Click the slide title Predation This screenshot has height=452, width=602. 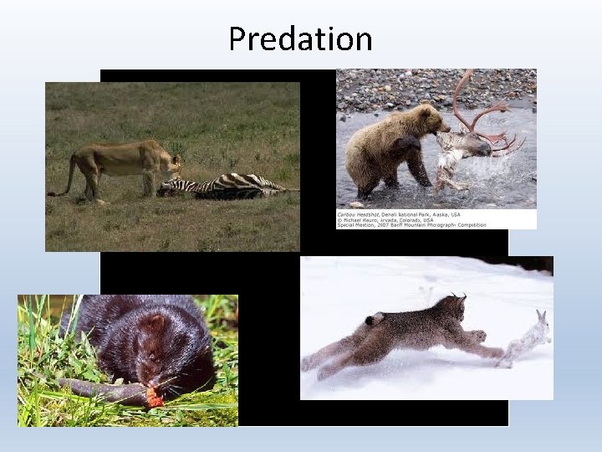click(300, 39)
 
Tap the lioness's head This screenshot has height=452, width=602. click(171, 161)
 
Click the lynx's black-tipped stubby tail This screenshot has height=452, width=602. click(372, 319)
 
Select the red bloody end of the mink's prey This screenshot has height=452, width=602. click(154, 396)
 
